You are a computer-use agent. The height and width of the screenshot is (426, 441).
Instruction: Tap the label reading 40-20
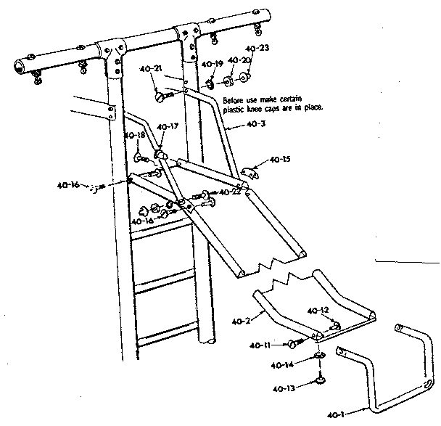pyautogui.click(x=238, y=60)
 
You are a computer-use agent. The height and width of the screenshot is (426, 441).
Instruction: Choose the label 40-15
pyautogui.click(x=280, y=159)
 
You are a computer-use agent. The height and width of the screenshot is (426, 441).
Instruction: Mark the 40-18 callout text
pyautogui.click(x=133, y=135)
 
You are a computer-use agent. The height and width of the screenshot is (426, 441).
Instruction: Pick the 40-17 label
pyautogui.click(x=168, y=126)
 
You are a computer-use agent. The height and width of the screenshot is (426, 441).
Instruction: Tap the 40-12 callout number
pyautogui.click(x=318, y=311)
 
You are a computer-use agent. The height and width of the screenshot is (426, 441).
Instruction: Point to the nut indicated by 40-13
pyautogui.click(x=318, y=379)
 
